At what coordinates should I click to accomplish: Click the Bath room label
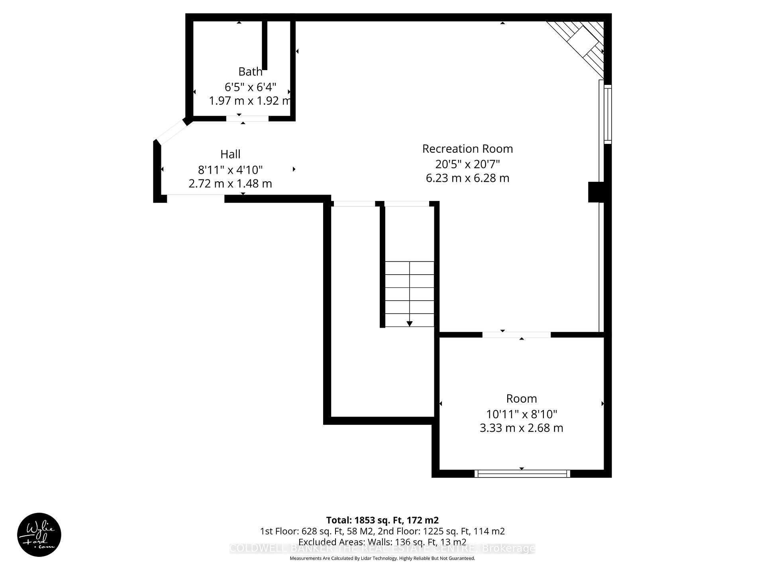pyautogui.click(x=250, y=72)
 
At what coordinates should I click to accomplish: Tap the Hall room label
pyautogui.click(x=230, y=154)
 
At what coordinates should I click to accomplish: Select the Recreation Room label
pyautogui.click(x=467, y=149)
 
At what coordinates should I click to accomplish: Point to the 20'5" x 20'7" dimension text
pyautogui.click(x=467, y=164)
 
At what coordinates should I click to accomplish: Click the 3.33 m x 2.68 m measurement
pyautogui.click(x=521, y=428)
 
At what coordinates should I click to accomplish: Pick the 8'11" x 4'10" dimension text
pyautogui.click(x=230, y=170)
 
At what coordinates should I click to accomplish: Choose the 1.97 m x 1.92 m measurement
pyautogui.click(x=250, y=100)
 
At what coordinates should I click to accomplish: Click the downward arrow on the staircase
pyautogui.click(x=409, y=323)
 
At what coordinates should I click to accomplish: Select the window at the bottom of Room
pyautogui.click(x=522, y=474)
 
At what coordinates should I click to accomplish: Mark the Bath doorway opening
pyautogui.click(x=247, y=118)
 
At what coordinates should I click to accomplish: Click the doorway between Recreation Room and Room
pyautogui.click(x=516, y=335)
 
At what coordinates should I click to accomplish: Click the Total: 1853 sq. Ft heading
pyautogui.click(x=382, y=520)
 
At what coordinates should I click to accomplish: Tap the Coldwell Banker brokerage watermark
pyautogui.click(x=382, y=548)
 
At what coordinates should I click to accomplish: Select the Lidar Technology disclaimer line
pyautogui.click(x=382, y=558)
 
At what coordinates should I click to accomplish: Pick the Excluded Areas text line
pyautogui.click(x=382, y=542)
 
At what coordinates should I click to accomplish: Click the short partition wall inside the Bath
pyautogui.click(x=265, y=45)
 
